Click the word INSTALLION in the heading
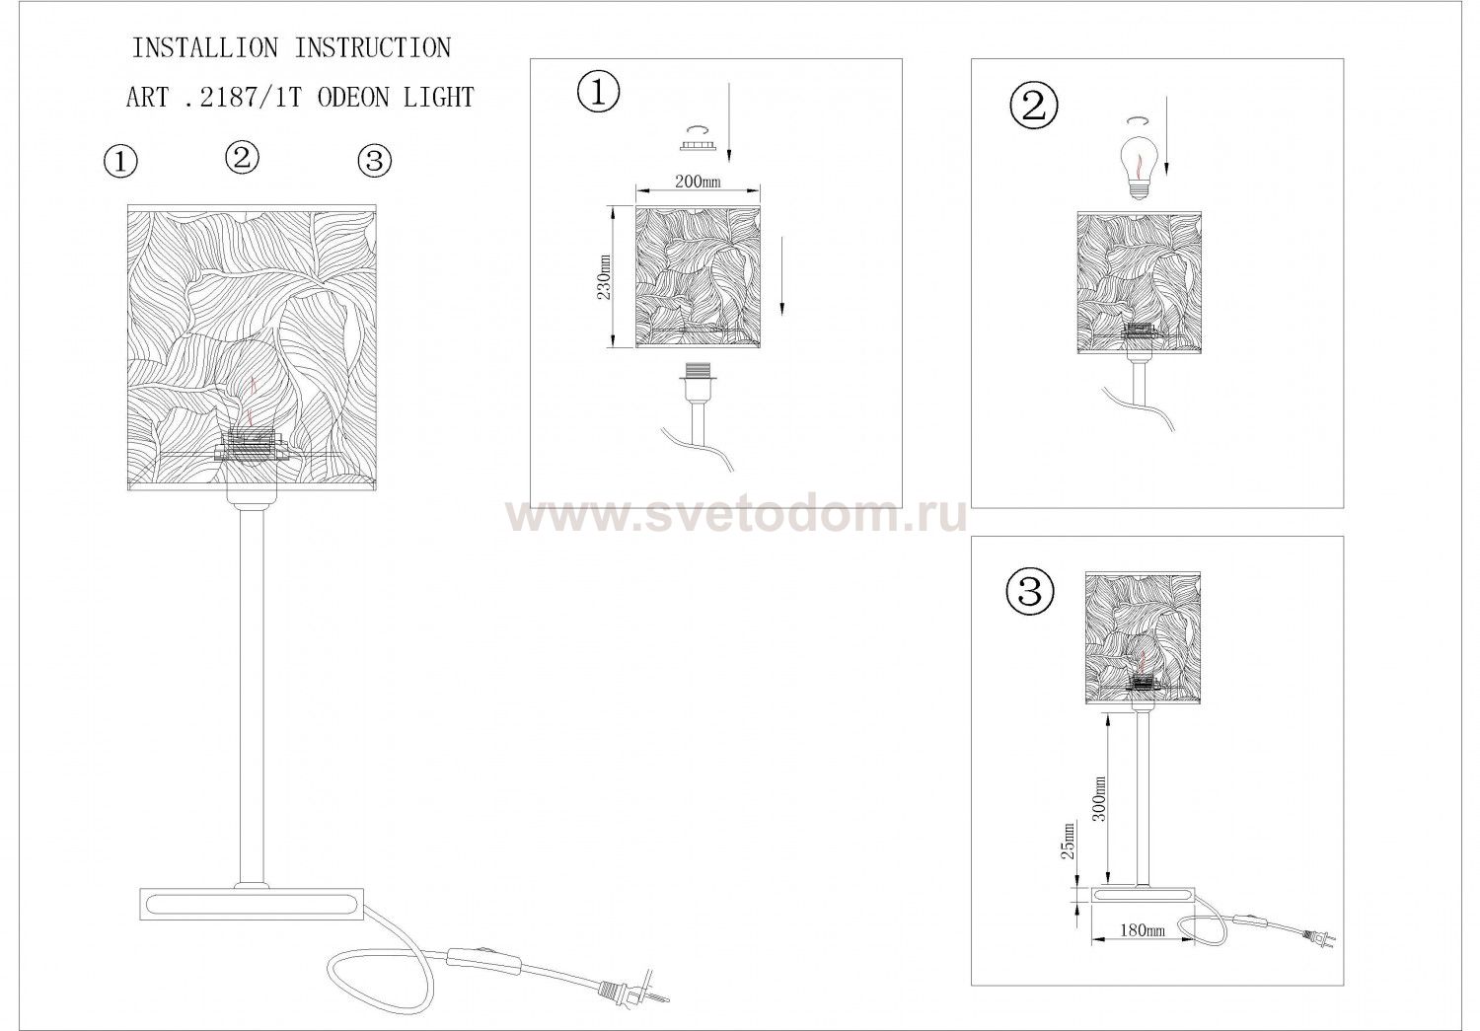(x=205, y=48)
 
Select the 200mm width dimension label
(x=698, y=181)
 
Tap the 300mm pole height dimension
(x=1099, y=798)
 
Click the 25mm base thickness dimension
(x=1068, y=840)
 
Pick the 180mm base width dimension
(x=1143, y=930)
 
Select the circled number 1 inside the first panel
(x=599, y=93)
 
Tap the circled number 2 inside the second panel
(x=1034, y=107)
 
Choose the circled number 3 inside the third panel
(x=1029, y=592)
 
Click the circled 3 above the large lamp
(x=375, y=161)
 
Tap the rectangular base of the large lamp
(x=252, y=904)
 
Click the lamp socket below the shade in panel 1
(x=695, y=382)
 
